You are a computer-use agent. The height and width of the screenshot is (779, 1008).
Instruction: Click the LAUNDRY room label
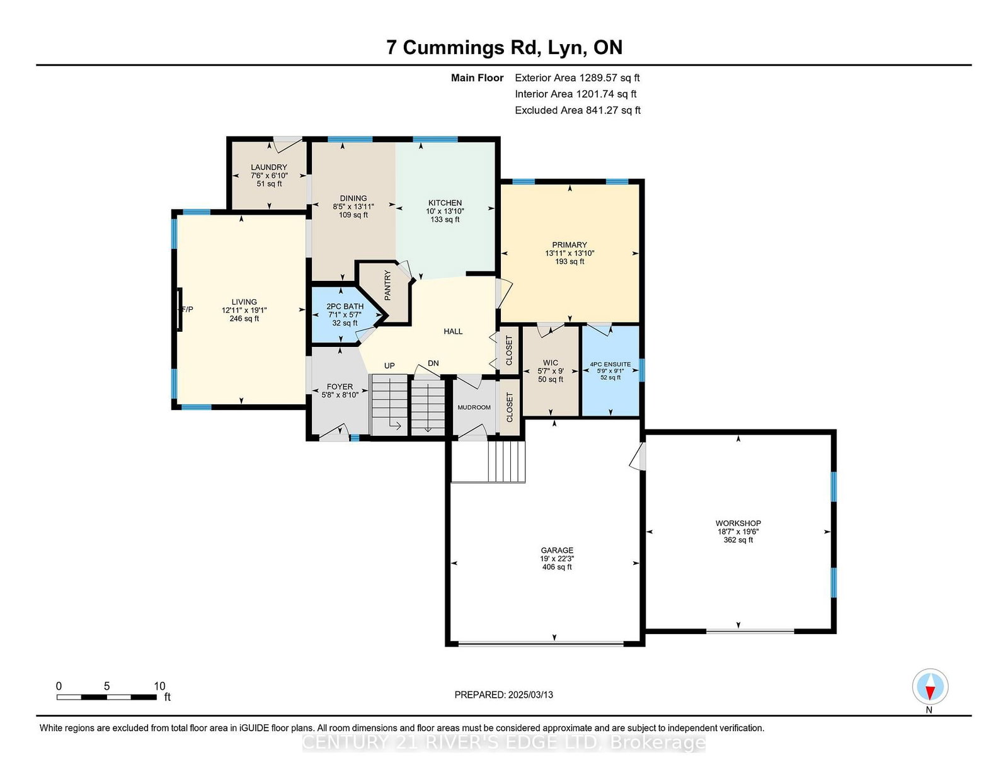pos(268,167)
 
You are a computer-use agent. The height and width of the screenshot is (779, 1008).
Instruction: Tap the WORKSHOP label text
pos(738,523)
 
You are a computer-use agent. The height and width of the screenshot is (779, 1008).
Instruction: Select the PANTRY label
pos(388,285)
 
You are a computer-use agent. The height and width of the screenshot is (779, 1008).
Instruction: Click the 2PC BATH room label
pos(345,306)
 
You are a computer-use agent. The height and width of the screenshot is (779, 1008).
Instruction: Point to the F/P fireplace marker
pos(187,309)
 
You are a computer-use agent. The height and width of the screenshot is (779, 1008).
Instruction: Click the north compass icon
pos(930,686)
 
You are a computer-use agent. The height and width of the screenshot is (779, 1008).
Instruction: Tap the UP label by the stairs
pos(389,365)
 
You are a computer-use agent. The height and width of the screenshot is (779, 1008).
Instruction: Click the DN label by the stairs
pos(433,363)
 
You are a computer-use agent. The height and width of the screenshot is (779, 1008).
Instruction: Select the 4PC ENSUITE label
pos(610,364)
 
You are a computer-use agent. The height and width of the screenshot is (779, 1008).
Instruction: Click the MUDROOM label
pos(474,407)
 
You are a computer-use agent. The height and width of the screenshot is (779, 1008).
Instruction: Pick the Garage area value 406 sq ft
pos(557,567)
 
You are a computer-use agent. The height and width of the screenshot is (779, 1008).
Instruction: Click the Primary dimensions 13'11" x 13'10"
pos(570,253)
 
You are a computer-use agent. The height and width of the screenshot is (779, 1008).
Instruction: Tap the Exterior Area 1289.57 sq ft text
pos(577,78)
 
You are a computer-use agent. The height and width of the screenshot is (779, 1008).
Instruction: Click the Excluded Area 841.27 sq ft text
pos(578,110)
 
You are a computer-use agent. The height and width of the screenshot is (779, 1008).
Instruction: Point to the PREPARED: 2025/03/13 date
pos(504,695)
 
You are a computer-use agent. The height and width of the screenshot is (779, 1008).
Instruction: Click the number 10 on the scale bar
pos(159,686)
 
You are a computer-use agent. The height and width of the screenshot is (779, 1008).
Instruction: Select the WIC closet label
pos(551,363)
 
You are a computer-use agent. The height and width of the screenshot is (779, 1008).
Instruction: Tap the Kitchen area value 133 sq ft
pos(445,219)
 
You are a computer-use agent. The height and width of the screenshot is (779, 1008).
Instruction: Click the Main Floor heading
pos(477,78)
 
